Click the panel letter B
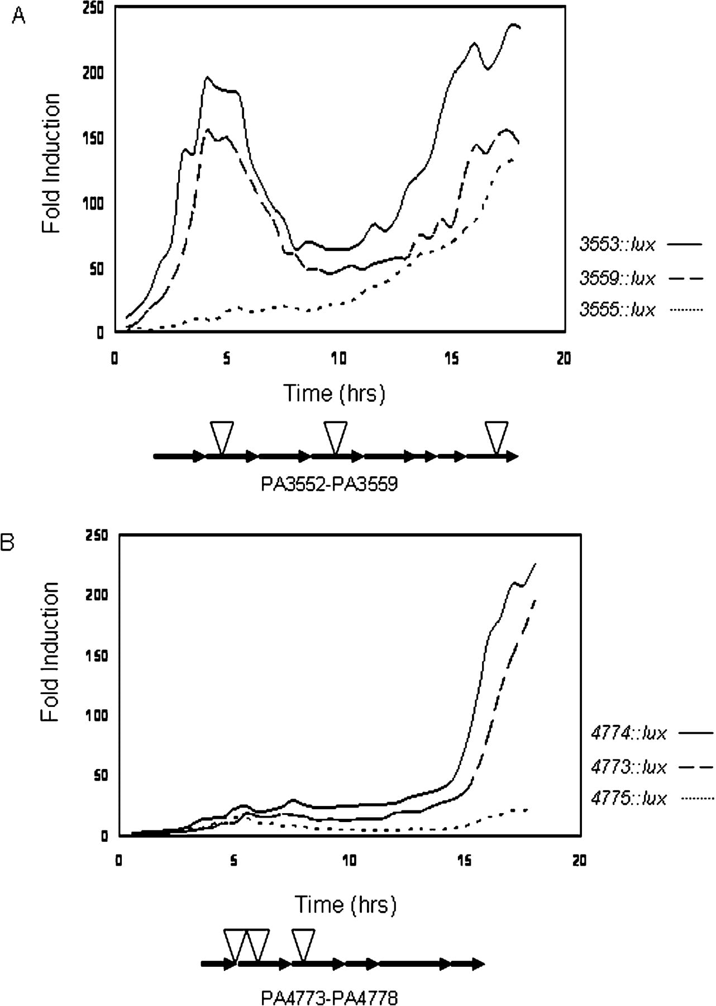8,542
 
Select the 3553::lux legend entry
641,244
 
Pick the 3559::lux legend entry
641,278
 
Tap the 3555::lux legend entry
641,309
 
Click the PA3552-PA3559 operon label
330,483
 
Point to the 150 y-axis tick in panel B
97,655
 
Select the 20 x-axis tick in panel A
564,358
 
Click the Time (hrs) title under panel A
335,393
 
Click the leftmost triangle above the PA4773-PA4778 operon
235,945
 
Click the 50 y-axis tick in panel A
97,268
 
